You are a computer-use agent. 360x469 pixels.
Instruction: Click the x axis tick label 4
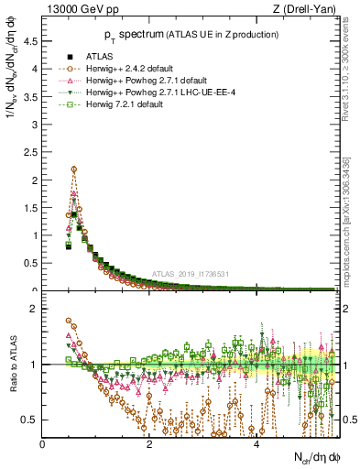pyautogui.click(x=256, y=444)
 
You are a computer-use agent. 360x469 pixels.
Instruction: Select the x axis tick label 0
pyautogui.click(x=43, y=444)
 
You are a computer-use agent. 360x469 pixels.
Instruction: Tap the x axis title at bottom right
pyautogui.click(x=315, y=457)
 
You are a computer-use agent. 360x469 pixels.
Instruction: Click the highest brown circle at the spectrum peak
pyautogui.click(x=73, y=169)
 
